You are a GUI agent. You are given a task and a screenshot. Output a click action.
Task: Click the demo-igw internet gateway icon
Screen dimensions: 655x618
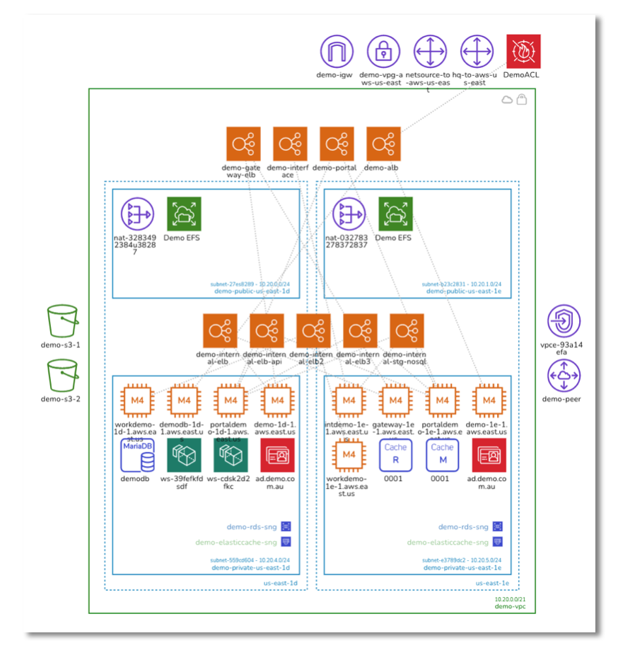pos(337,52)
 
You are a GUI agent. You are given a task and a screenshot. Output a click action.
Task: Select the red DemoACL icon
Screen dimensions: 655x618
pos(523,52)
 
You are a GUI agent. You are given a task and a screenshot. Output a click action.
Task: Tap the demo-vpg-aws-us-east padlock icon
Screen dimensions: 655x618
pos(383,52)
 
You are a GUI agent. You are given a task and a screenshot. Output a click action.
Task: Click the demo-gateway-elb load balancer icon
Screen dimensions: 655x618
pos(243,144)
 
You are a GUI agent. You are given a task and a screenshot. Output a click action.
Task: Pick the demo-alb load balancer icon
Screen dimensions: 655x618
pos(383,144)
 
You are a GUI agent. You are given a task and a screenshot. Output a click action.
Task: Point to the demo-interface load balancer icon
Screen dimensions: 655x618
pos(290,144)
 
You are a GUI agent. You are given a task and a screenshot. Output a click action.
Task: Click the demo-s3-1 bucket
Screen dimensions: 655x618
pos(62,323)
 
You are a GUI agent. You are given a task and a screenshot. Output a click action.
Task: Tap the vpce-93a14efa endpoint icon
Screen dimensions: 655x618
pos(564,323)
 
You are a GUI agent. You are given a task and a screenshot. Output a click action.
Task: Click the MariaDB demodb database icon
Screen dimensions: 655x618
pos(137,456)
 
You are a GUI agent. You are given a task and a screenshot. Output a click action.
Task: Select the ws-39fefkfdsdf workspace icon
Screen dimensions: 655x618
pos(184,456)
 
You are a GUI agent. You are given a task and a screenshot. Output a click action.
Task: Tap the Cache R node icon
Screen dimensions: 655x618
pos(395,456)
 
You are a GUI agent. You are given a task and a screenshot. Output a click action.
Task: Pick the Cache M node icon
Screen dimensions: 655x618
pos(442,456)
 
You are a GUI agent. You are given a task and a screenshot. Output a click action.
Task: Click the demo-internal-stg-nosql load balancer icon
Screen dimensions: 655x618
pos(407,331)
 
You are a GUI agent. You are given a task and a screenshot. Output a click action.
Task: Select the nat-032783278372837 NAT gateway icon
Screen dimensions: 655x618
pos(349,214)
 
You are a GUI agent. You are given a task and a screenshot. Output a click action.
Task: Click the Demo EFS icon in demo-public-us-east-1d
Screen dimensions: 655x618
pos(184,214)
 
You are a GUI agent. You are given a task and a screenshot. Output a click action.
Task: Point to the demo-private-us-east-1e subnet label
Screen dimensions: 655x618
pos(462,567)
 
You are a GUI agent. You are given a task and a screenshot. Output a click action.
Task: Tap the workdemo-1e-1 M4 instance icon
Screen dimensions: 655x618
pos(349,456)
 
